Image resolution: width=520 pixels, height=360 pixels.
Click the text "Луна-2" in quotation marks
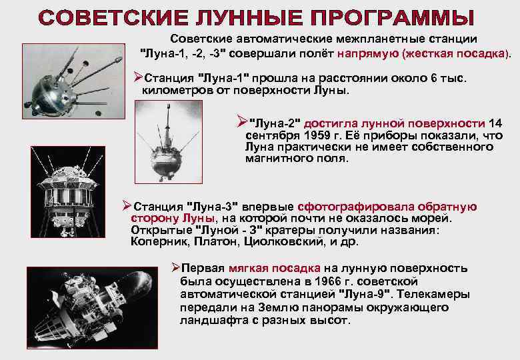point(275,123)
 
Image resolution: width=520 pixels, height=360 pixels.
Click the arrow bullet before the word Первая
point(175,269)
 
